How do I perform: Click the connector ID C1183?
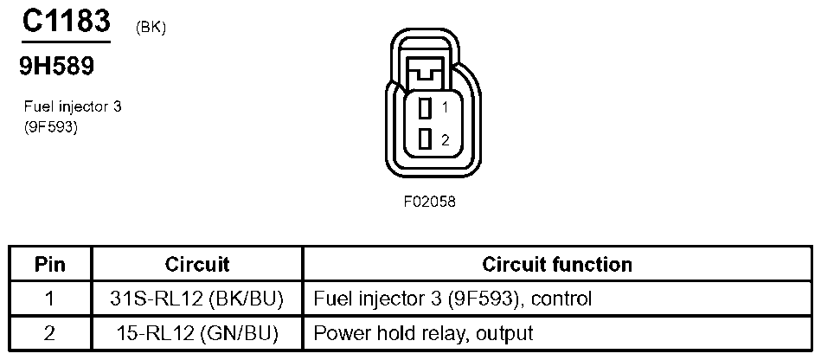66,22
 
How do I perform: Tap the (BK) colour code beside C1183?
151,29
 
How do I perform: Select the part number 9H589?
56,66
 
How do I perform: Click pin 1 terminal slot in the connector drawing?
425,109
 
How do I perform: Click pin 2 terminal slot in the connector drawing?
425,138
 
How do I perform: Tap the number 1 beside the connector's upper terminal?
444,109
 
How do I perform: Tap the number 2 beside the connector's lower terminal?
444,139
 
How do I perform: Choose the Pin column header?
50,264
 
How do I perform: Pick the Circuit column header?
197,264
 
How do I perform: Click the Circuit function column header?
556,264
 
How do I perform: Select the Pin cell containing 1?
50,299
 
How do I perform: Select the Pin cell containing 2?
50,332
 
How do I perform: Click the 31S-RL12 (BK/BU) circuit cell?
197,299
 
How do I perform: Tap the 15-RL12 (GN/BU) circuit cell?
197,332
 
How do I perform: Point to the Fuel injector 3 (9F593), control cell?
452,299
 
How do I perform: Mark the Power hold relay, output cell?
423,332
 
